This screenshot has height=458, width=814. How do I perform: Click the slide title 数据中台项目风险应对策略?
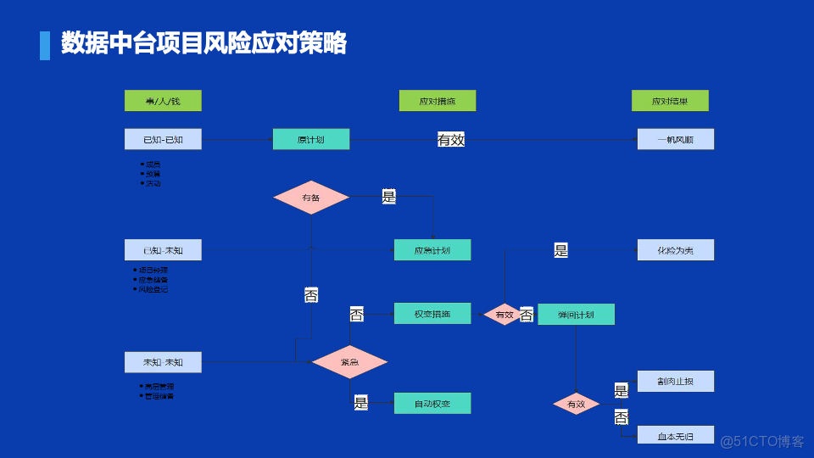[203, 43]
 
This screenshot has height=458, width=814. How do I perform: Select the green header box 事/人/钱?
[163, 101]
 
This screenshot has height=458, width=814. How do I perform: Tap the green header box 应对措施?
[438, 101]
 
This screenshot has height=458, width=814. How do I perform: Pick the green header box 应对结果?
[670, 101]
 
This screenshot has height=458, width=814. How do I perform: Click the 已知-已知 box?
[163, 139]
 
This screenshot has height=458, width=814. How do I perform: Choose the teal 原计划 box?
[311, 139]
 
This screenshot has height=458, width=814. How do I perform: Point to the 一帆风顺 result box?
[676, 139]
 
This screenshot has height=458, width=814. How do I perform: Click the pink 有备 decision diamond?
[311, 198]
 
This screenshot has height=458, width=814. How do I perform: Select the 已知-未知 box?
[163, 250]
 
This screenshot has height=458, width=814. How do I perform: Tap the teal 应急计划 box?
[432, 250]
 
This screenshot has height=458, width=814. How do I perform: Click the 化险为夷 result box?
[676, 250]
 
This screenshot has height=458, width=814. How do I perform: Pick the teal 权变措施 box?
[432, 314]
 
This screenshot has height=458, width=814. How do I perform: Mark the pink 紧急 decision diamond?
[349, 362]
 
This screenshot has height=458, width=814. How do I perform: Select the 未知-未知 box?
[163, 362]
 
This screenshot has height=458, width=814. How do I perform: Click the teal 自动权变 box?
[432, 404]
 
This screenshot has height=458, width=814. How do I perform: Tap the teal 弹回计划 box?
[577, 315]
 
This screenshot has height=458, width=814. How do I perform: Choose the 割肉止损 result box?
[676, 382]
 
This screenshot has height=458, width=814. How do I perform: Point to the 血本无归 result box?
[676, 436]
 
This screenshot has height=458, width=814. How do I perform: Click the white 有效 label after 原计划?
[451, 140]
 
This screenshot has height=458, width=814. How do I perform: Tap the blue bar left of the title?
[45, 45]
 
